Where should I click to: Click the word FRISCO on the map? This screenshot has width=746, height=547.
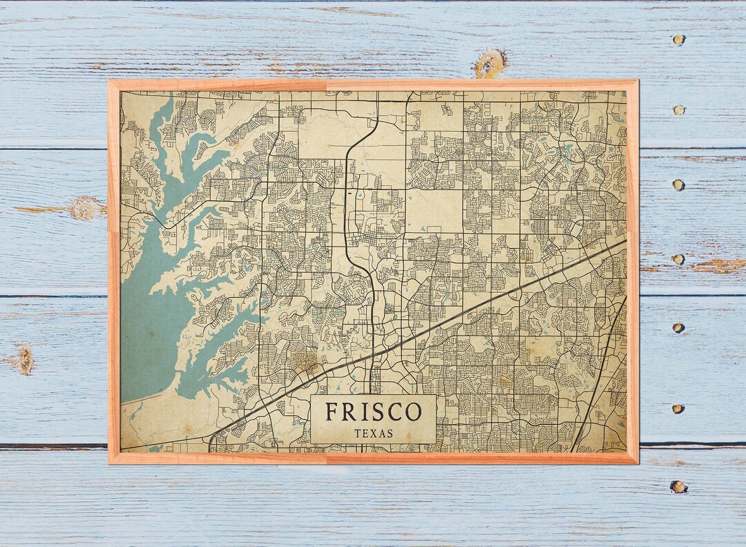373,412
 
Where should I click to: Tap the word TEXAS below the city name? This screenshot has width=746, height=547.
373,434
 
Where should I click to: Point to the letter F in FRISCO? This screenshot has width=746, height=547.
332,412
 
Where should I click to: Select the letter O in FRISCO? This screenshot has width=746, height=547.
413,412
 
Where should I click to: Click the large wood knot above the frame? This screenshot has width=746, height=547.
490,64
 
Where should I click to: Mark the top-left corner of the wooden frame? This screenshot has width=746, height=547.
110,81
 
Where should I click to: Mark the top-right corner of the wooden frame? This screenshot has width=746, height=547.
637,81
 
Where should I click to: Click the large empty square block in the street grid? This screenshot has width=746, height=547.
433,211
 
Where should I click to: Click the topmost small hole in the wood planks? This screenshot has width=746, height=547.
679,40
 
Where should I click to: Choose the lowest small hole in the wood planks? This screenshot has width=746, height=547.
678,487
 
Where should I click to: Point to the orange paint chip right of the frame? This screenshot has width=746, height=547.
718,266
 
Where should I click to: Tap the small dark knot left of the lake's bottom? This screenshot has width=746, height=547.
26,360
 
